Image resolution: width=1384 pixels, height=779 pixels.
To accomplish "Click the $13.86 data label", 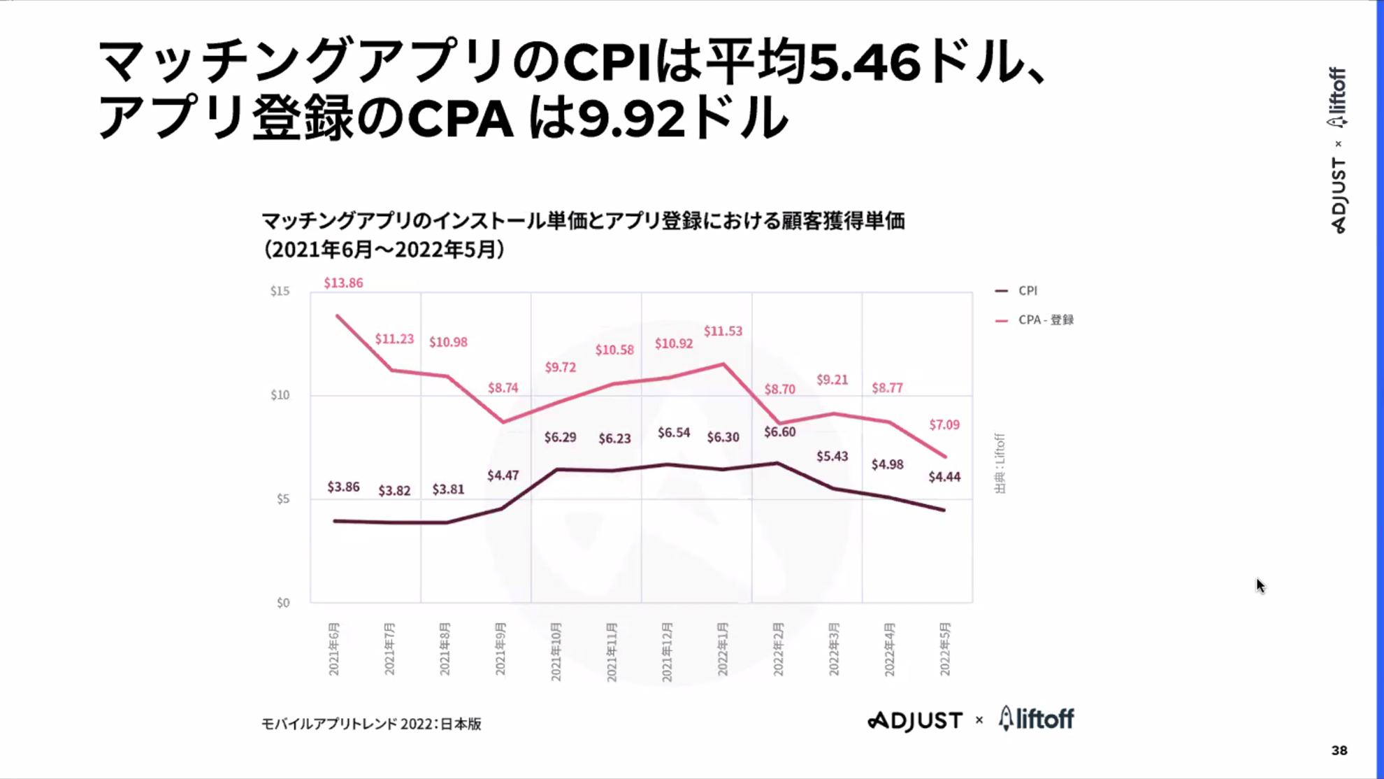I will [x=343, y=283].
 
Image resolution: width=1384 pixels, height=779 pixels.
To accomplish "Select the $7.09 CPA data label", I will [x=944, y=424].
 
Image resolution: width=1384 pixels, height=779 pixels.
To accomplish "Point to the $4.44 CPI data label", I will [x=944, y=477].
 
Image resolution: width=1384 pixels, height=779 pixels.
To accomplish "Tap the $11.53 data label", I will [x=723, y=331].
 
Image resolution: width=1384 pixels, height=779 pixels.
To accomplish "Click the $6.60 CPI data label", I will [x=779, y=432].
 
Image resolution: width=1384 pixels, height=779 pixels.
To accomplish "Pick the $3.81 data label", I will [x=448, y=489].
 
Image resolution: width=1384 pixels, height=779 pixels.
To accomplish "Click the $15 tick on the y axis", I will [x=280, y=291].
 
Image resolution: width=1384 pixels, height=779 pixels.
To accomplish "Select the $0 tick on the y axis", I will [x=282, y=603].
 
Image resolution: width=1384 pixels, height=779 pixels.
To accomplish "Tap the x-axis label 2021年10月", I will [x=556, y=650].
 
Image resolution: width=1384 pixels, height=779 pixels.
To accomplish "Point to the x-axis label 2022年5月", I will [x=944, y=648].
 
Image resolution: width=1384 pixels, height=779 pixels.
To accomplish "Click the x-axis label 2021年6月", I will [x=333, y=648].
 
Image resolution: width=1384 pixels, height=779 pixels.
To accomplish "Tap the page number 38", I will [x=1339, y=750].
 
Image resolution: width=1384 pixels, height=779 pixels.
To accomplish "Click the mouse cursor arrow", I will [x=1260, y=585].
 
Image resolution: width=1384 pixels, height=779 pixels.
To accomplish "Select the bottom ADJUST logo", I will [x=915, y=720].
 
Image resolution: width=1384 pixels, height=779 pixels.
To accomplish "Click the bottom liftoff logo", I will [x=1037, y=718].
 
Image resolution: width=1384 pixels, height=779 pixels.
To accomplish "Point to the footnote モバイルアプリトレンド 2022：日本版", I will [x=371, y=724].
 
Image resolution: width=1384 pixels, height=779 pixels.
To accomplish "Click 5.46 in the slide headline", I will [x=864, y=63].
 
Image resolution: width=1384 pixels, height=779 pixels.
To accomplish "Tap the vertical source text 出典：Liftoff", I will [x=1000, y=463].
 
